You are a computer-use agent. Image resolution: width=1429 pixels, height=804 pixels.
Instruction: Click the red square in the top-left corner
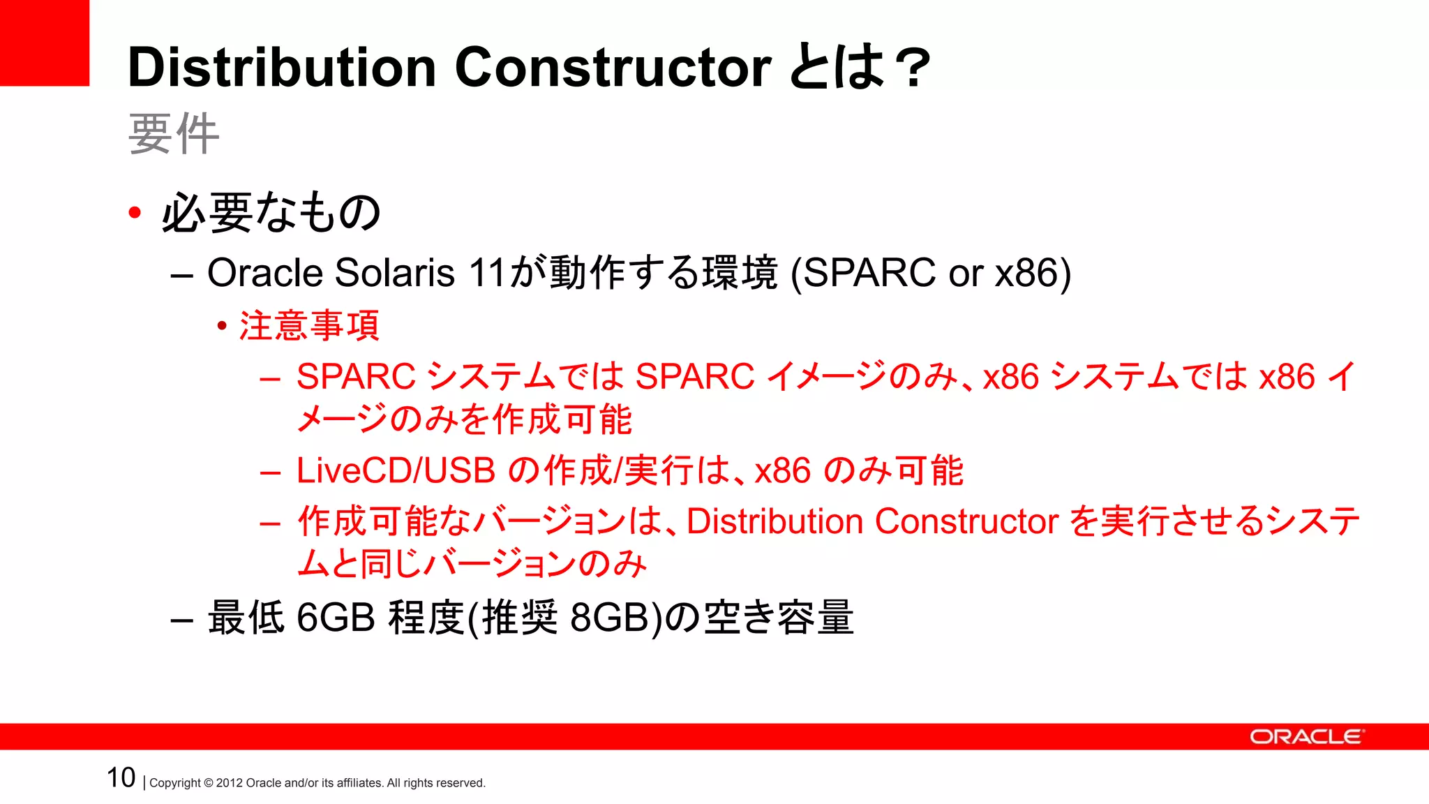click(x=44, y=43)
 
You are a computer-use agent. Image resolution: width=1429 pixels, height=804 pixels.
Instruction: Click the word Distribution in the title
click(x=282, y=68)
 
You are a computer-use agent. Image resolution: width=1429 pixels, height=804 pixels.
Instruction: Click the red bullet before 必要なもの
click(x=135, y=212)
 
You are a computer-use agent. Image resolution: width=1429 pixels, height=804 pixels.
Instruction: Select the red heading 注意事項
click(x=309, y=326)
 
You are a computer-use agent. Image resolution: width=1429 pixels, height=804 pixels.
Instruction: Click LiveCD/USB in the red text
click(x=396, y=470)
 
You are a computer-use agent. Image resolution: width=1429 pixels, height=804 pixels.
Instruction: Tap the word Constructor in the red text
click(x=966, y=521)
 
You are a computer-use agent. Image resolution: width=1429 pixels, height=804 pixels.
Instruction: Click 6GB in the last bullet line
click(x=336, y=617)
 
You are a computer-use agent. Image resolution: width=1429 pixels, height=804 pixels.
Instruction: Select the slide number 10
click(x=121, y=777)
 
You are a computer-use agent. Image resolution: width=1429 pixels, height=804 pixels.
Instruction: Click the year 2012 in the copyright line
click(x=229, y=783)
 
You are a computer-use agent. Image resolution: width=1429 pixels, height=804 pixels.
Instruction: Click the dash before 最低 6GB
click(x=181, y=620)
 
